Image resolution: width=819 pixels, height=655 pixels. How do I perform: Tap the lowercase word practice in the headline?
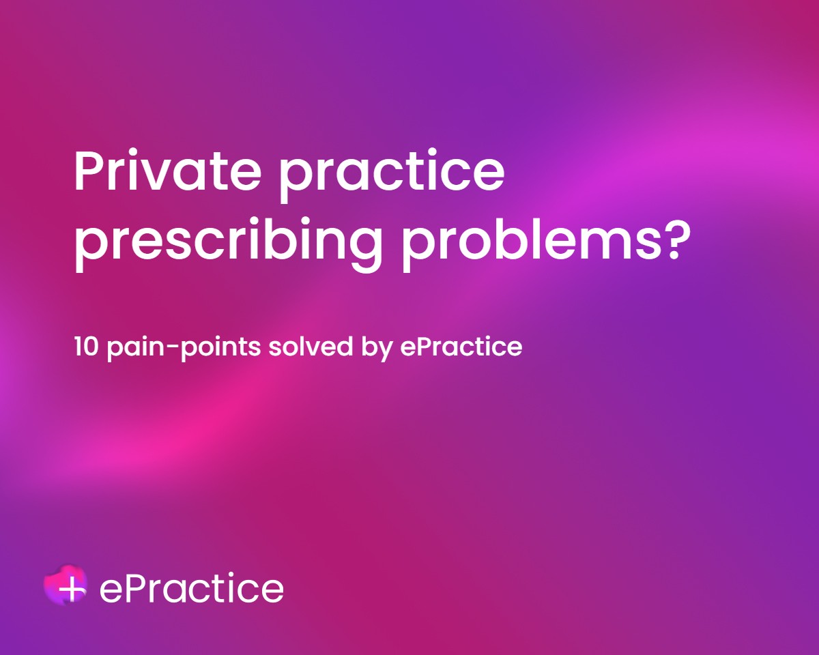(x=392, y=177)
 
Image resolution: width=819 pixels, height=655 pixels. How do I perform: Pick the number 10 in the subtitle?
(x=87, y=347)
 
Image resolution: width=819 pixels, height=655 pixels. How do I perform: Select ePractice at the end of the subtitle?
(x=461, y=347)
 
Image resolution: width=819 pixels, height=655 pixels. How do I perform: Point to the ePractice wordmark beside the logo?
(x=191, y=588)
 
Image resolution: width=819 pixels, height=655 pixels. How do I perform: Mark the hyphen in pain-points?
(x=171, y=348)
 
